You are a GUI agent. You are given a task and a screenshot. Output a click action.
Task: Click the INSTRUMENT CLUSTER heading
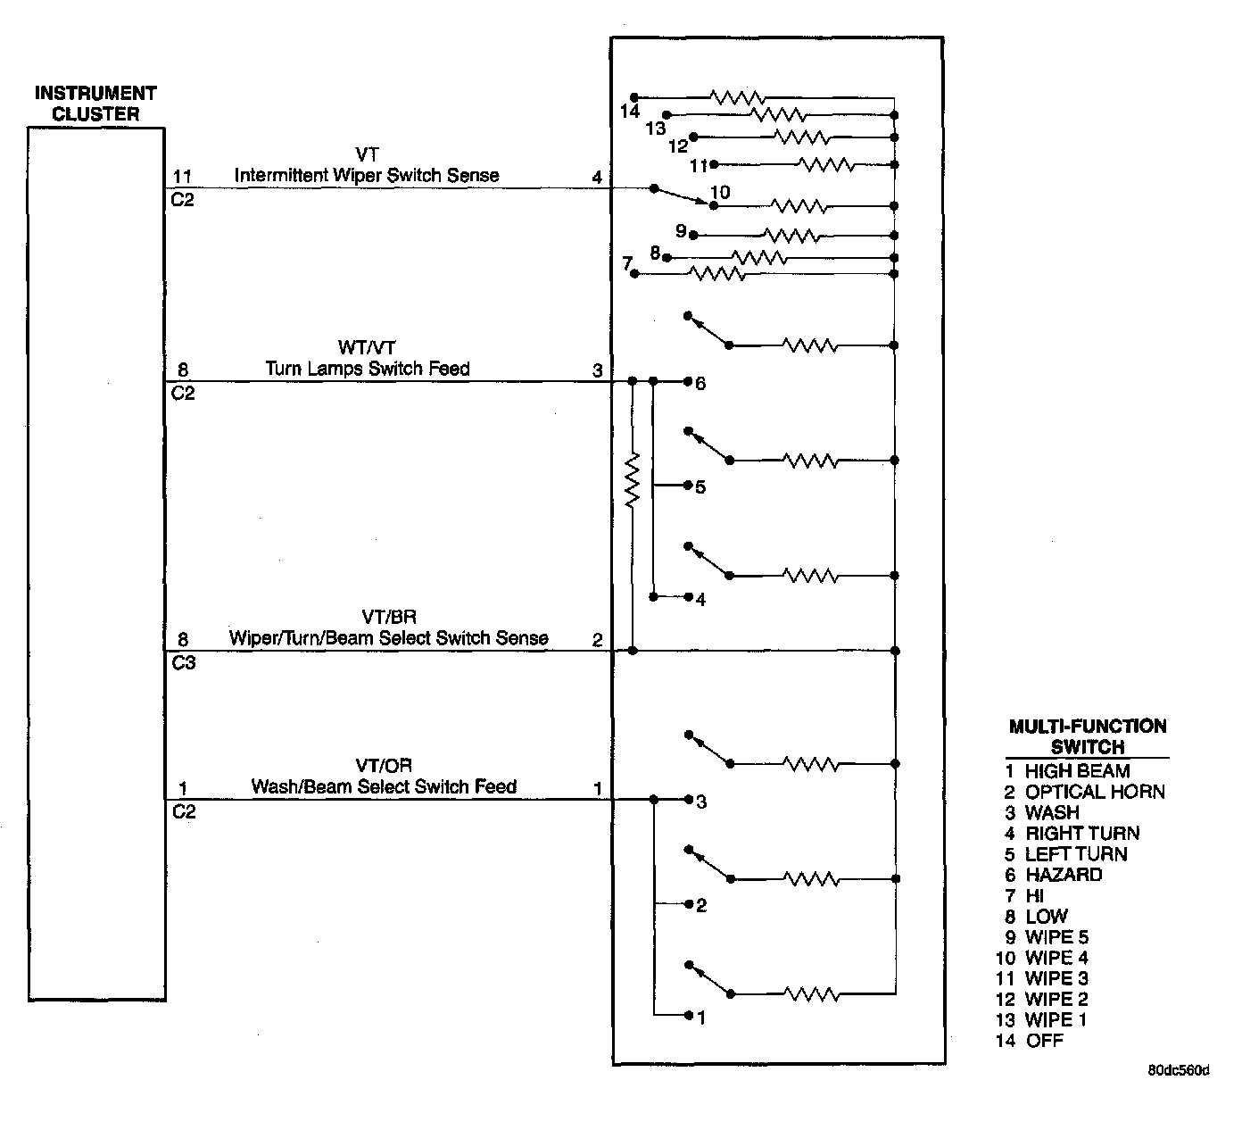95,104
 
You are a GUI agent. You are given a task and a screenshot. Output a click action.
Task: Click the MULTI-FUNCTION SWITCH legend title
1087,736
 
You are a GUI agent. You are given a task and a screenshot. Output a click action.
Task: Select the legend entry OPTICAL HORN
1094,792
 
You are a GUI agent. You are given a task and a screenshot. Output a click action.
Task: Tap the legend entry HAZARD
1063,875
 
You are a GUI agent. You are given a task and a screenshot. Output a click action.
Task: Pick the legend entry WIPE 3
1056,978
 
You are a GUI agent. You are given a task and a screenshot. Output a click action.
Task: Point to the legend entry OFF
1044,1041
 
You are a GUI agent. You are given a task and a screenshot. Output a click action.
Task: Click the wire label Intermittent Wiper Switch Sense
367,176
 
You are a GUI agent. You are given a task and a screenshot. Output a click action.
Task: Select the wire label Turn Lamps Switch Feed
367,369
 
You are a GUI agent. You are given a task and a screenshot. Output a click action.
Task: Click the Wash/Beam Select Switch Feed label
384,786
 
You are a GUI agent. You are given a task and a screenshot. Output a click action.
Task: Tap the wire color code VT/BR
388,617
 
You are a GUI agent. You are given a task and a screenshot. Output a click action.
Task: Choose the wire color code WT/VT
367,347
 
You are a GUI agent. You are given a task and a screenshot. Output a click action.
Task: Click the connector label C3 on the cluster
183,663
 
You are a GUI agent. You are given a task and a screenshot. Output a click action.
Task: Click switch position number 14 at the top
630,112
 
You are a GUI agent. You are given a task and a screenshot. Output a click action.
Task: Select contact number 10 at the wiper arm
719,193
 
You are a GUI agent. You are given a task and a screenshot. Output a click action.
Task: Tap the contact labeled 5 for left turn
700,487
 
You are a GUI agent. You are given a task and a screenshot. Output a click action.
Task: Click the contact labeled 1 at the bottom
701,1018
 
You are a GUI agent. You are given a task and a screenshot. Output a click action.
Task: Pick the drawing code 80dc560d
1178,1070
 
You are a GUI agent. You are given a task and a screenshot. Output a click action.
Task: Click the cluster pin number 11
182,178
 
